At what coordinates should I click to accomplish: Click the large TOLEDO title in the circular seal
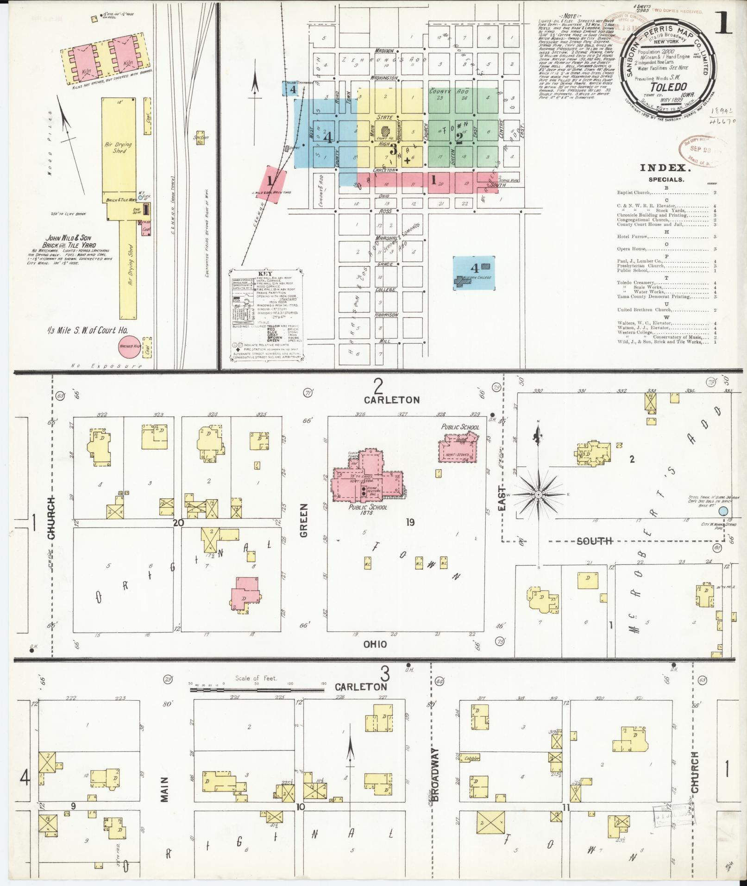(668, 87)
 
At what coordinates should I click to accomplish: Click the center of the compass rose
(539, 495)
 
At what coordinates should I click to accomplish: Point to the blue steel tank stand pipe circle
(723, 511)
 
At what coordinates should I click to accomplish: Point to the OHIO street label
(375, 644)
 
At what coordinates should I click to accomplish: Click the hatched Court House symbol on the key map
(385, 132)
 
